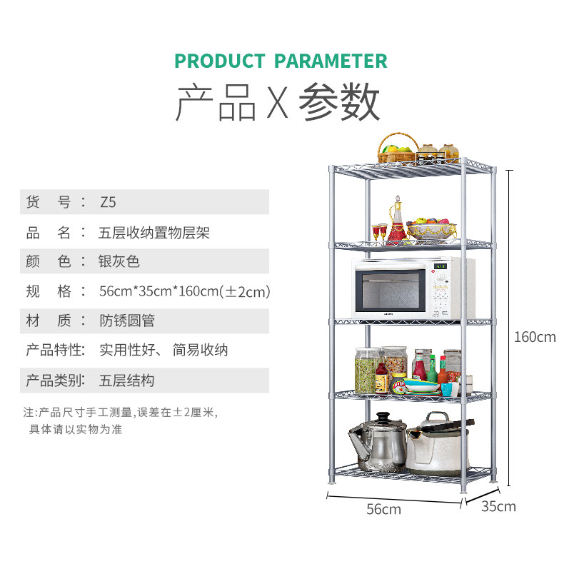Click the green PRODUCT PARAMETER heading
coord(281,61)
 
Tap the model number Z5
coord(107,202)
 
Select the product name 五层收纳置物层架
coord(154,232)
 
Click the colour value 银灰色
coord(119,261)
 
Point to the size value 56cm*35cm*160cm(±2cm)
coord(184,291)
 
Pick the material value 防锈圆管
coord(126,321)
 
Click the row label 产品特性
coord(55,351)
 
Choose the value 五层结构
coord(126,381)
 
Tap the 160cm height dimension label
coord(534,337)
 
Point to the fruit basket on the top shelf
coord(398,149)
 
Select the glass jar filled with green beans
coord(367,371)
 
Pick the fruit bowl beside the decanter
coord(431,230)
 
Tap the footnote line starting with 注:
coord(119,413)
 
